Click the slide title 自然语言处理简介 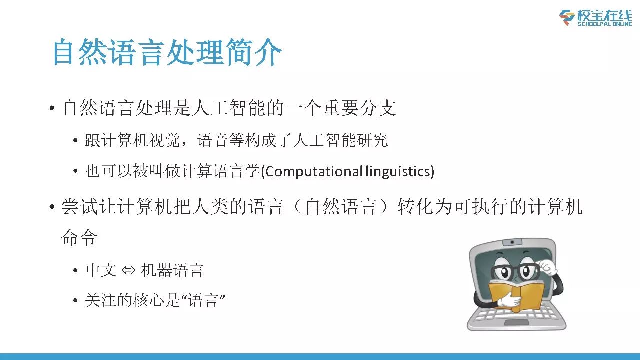[167, 52]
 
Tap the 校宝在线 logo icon [567, 17]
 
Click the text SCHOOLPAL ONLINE [605, 24]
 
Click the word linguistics [397, 171]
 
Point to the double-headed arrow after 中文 [128, 270]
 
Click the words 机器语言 [172, 270]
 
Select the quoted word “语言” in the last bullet [203, 300]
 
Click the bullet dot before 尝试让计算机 [52, 206]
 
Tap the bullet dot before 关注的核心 [75, 300]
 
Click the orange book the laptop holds [516, 295]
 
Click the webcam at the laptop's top [512, 242]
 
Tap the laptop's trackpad [517, 323]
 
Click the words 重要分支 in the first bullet [359, 108]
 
